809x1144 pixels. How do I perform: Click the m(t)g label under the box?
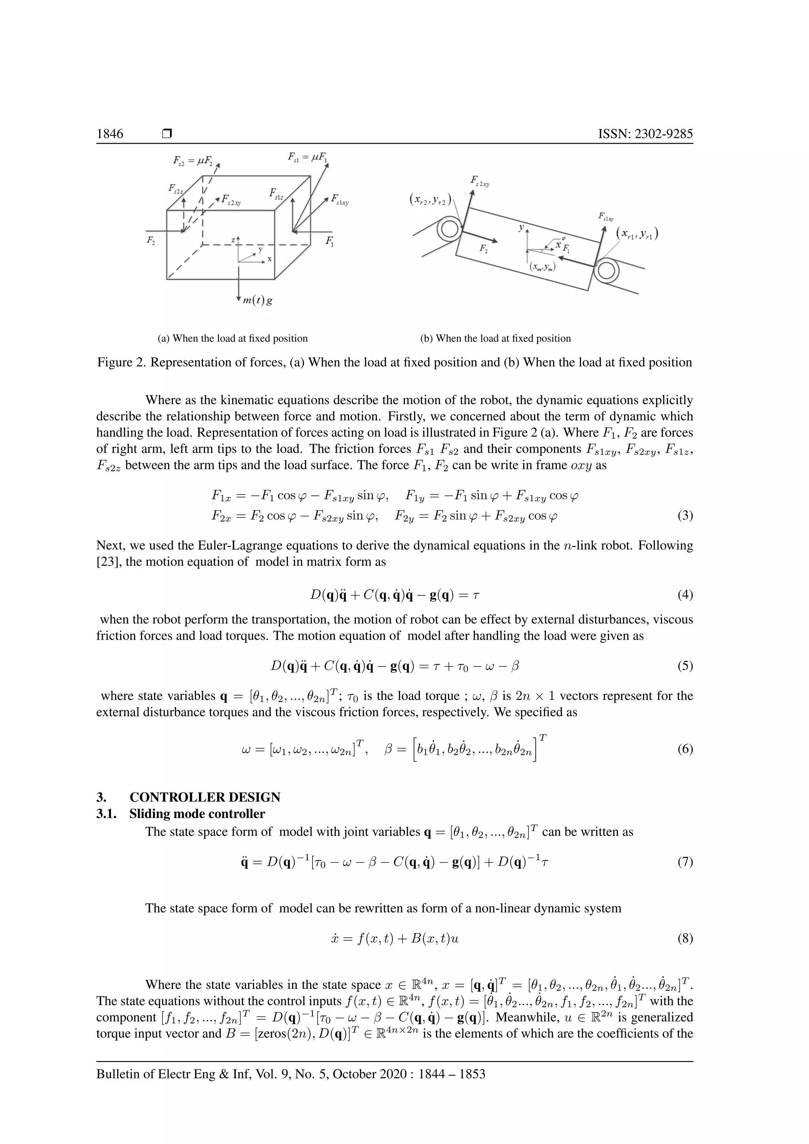pyautogui.click(x=258, y=301)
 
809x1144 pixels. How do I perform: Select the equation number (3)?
pyautogui.click(x=685, y=516)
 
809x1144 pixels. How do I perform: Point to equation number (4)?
pyautogui.click(x=685, y=595)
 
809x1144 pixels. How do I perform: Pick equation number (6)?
pyautogui.click(x=685, y=749)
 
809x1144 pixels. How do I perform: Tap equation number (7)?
pyautogui.click(x=685, y=862)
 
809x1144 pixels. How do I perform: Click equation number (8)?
pyautogui.click(x=685, y=939)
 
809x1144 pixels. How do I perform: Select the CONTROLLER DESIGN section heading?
pyautogui.click(x=205, y=797)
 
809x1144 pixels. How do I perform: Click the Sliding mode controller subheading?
pyautogui.click(x=197, y=814)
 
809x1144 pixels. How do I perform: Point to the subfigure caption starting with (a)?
pyautogui.click(x=233, y=338)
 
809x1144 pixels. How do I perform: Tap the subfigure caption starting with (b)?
pyautogui.click(x=495, y=338)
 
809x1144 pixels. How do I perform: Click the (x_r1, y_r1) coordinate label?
pyautogui.click(x=637, y=233)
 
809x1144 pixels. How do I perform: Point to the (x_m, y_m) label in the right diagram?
pyautogui.click(x=542, y=267)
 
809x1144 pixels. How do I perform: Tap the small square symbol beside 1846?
pyautogui.click(x=167, y=134)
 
